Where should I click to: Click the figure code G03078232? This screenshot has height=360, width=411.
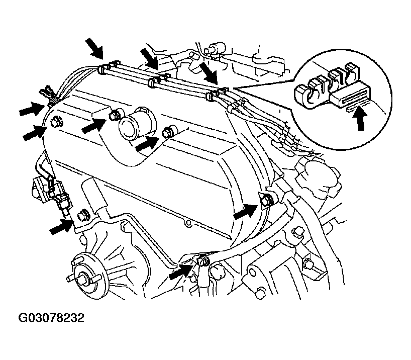click(x=52, y=318)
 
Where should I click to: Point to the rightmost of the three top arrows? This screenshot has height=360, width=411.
click(x=208, y=72)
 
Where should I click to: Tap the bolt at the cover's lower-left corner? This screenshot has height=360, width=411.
click(x=83, y=215)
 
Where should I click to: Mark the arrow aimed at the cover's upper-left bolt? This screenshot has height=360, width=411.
click(x=35, y=132)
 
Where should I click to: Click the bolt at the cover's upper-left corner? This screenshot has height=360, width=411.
click(x=55, y=121)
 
